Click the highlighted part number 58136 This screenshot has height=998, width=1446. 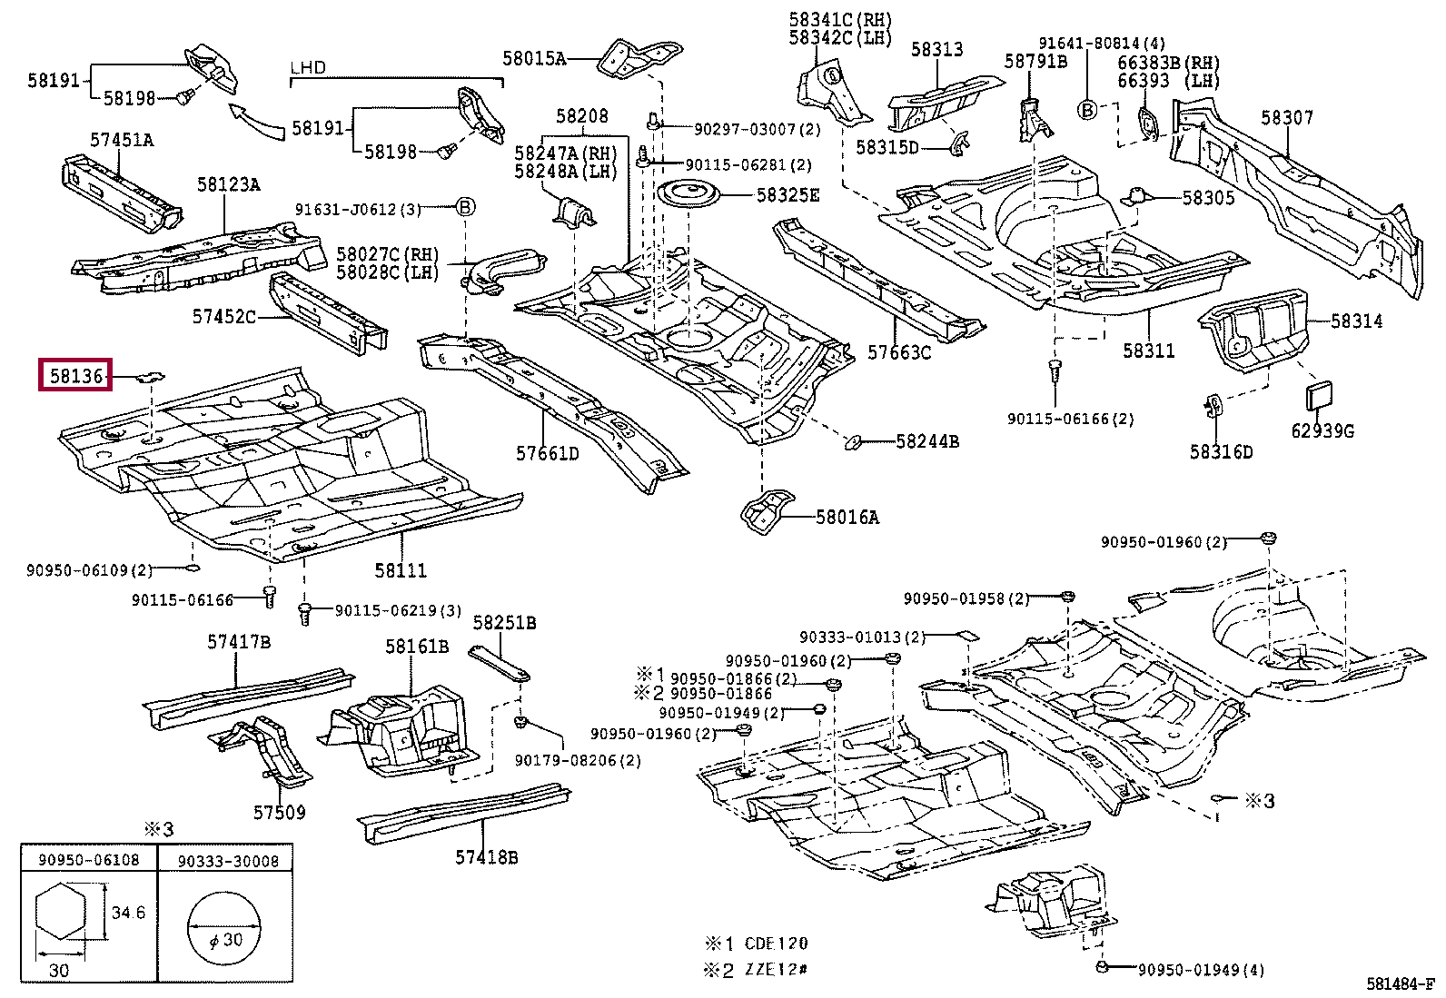tap(75, 375)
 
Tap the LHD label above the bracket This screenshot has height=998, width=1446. tap(308, 67)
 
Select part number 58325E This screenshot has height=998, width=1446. tap(787, 195)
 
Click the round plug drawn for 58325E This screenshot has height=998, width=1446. tap(688, 195)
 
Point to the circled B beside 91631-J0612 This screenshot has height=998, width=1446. tap(465, 207)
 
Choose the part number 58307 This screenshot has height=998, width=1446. tap(1286, 117)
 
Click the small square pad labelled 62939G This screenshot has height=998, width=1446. tap(1318, 396)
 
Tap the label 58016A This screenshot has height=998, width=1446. tap(847, 517)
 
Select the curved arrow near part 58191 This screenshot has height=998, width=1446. tap(256, 121)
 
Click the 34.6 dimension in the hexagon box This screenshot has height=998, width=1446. tap(128, 912)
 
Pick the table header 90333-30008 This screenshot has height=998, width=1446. tap(228, 861)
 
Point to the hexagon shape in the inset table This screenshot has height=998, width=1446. tap(61, 913)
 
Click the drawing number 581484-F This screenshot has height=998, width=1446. tap(1400, 983)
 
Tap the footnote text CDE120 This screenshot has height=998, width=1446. tap(776, 944)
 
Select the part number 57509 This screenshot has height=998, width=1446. tap(279, 812)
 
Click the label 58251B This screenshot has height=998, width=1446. tap(504, 623)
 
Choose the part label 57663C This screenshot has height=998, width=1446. tap(898, 352)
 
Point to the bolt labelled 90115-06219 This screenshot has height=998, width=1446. tap(304, 613)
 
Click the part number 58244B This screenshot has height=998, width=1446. tap(927, 441)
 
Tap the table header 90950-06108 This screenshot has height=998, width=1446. tap(88, 860)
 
